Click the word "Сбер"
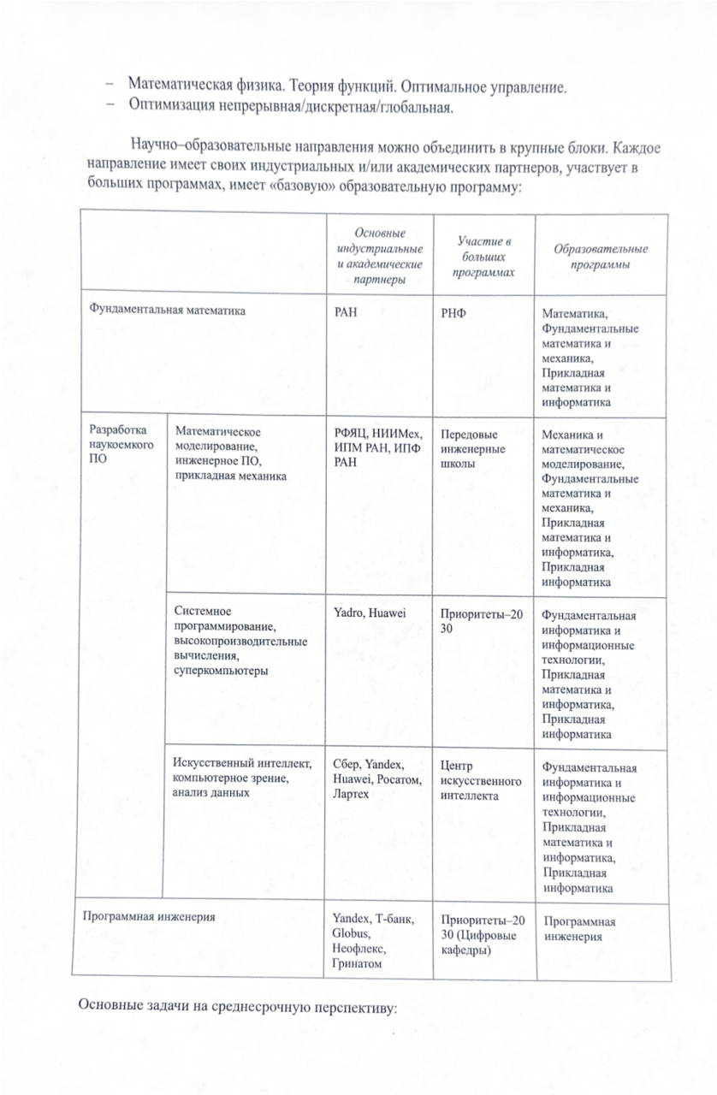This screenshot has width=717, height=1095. pyautogui.click(x=346, y=765)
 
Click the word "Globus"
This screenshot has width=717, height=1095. pyautogui.click(x=347, y=934)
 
